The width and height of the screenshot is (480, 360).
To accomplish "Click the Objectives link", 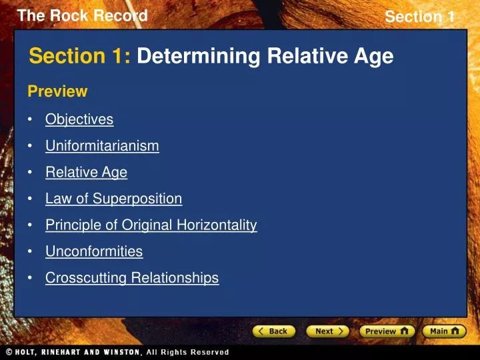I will pos(79,119).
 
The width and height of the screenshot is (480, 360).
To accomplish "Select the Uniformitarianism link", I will pos(102,145).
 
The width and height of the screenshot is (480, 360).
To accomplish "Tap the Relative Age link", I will pos(86,172).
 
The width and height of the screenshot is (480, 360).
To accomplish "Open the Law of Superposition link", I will pos(113,199).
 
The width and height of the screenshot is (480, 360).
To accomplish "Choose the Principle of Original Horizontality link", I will pos(151,225).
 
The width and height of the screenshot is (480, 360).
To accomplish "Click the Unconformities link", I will pos(94,251).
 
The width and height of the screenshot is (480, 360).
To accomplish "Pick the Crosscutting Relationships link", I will pos(132,278).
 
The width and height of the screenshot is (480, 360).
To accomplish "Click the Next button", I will pos(327,331).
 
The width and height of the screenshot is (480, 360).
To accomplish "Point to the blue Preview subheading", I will pos(57,91).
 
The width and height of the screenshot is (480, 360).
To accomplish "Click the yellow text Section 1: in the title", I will pos(80,57).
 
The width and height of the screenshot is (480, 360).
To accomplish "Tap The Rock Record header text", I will pos(82,16).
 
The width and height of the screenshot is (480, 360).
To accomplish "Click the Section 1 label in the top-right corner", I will pos(419,17).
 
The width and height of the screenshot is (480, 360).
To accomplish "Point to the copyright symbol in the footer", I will pos(9,352).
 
